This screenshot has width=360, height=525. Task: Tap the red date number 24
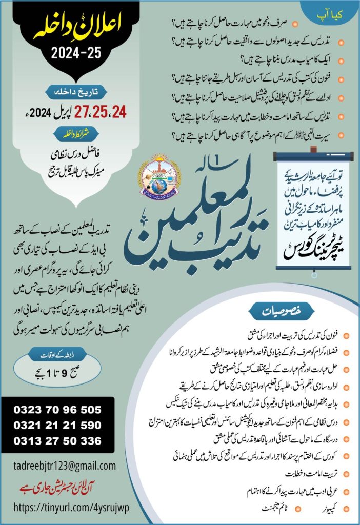pos(116,111)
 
